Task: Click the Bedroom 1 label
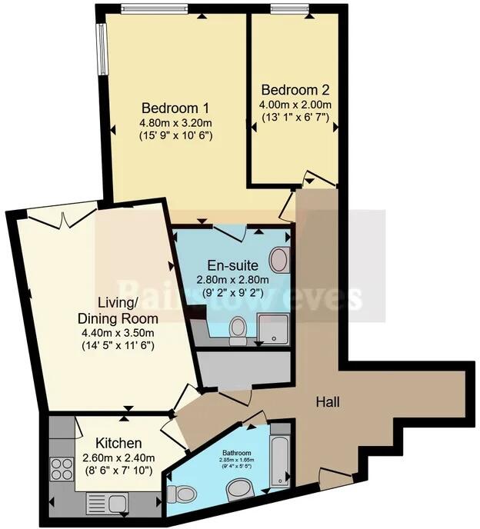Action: click(x=175, y=108)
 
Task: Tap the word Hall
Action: click(x=328, y=401)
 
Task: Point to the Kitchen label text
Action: click(x=118, y=444)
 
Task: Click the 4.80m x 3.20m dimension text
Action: click(x=175, y=122)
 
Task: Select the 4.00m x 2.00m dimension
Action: click(x=295, y=104)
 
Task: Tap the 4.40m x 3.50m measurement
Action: click(x=118, y=333)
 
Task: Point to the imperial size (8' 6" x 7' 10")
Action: click(x=118, y=470)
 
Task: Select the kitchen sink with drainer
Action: click(x=106, y=504)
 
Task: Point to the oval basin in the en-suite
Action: click(x=280, y=260)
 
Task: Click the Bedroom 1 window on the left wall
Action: click(x=100, y=48)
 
